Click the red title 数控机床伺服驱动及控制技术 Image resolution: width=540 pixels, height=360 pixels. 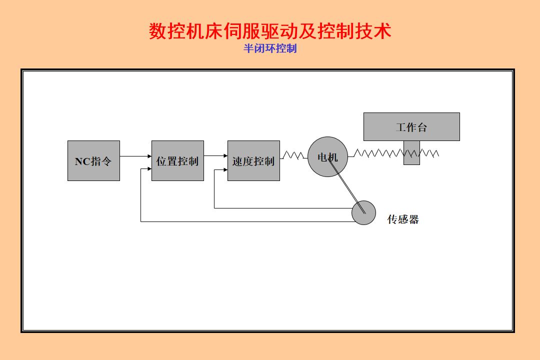click(x=270, y=31)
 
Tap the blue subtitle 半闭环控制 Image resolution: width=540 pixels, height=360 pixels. click(x=270, y=48)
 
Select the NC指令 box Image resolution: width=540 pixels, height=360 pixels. click(x=93, y=160)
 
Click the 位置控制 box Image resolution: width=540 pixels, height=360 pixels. click(x=177, y=160)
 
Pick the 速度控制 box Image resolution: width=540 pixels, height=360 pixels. click(x=253, y=160)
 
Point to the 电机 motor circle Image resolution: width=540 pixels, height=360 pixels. click(x=327, y=157)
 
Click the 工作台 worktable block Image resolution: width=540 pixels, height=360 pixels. click(x=411, y=126)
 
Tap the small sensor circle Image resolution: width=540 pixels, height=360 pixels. click(x=363, y=212)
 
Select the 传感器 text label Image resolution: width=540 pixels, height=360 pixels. click(x=403, y=219)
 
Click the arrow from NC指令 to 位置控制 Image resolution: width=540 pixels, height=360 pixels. click(x=135, y=156)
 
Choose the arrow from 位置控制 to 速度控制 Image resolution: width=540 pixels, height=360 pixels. click(x=215, y=156)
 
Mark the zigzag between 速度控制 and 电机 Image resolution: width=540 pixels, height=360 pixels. click(x=293, y=155)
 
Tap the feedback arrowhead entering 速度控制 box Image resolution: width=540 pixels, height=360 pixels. click(x=224, y=171)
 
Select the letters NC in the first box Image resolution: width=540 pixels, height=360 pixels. click(x=82, y=161)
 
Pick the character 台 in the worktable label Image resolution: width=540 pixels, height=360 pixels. click(x=422, y=127)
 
